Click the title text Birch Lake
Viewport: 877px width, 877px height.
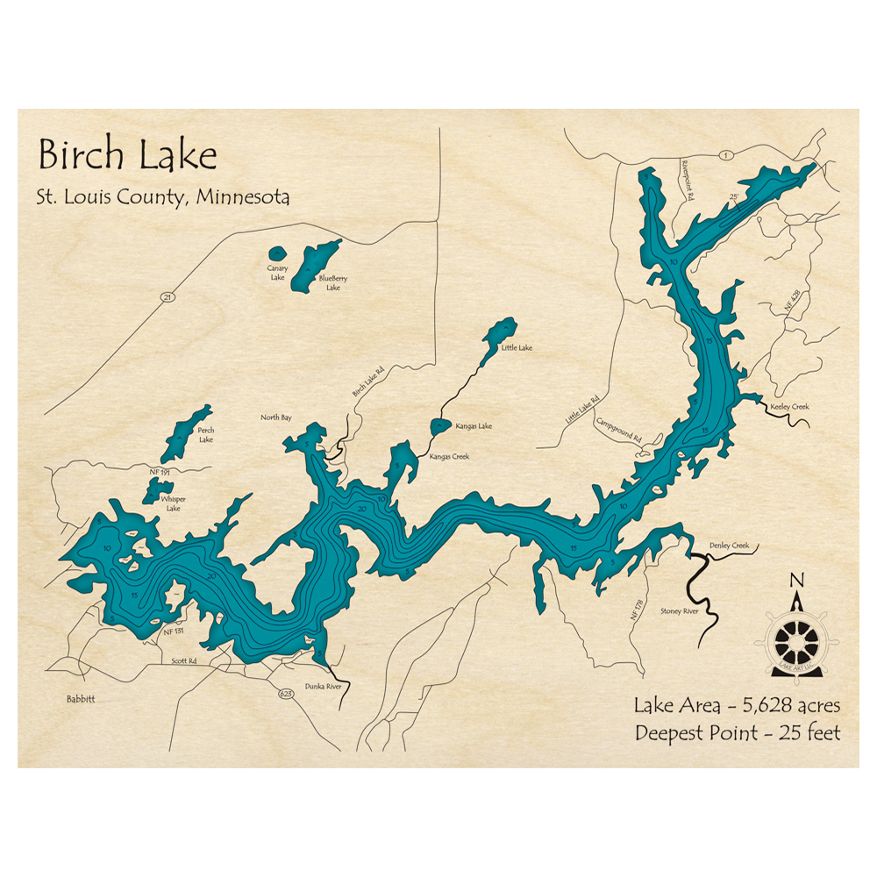point(127,156)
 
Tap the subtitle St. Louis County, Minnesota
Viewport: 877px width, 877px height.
point(163,196)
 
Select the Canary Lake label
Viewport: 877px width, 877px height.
point(277,273)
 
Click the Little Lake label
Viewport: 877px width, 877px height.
point(517,348)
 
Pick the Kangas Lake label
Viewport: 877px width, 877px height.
point(474,426)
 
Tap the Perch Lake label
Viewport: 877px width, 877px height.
point(205,434)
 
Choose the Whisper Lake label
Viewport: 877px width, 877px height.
point(171,503)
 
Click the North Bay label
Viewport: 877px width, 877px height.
point(275,417)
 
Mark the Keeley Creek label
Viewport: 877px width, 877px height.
point(789,407)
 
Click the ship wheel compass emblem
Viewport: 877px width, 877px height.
point(796,641)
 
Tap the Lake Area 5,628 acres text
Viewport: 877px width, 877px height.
point(737,705)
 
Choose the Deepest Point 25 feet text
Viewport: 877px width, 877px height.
point(737,733)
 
